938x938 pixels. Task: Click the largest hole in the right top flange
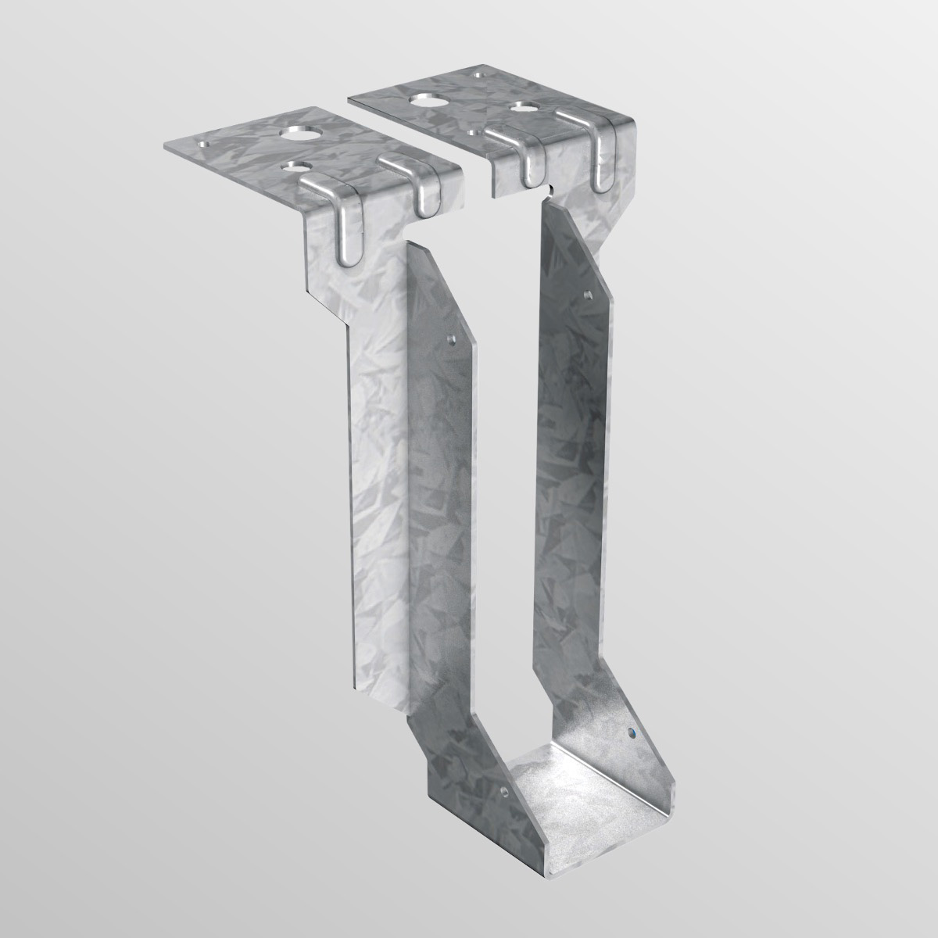tap(428, 100)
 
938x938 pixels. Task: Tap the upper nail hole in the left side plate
tap(450, 340)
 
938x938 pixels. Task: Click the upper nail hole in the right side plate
tap(589, 295)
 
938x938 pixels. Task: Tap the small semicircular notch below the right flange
tap(551, 188)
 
